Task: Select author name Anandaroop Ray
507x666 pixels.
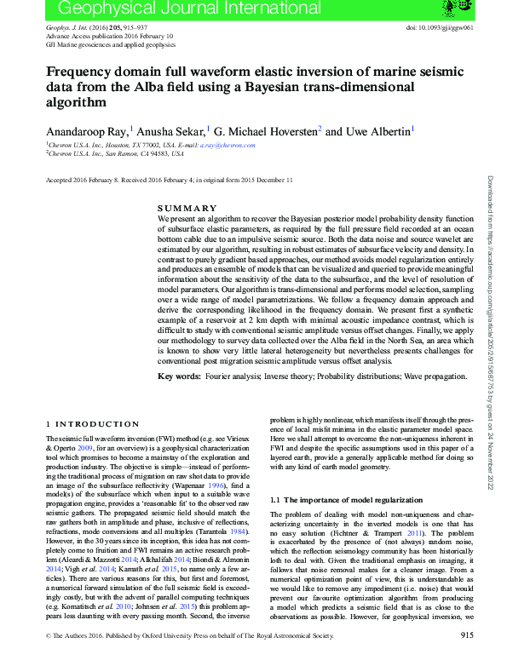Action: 87,132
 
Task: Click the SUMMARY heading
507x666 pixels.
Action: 187,208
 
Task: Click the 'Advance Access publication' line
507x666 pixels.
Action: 109,37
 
